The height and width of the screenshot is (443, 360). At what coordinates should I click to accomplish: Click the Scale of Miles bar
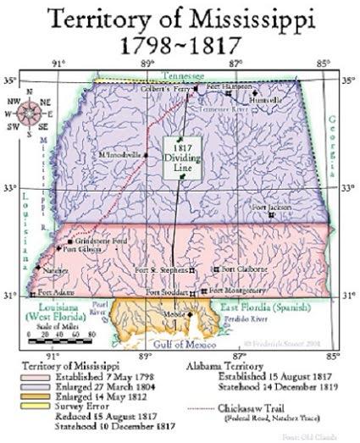(51, 335)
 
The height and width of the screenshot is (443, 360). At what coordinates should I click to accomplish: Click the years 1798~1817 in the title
(180, 42)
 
